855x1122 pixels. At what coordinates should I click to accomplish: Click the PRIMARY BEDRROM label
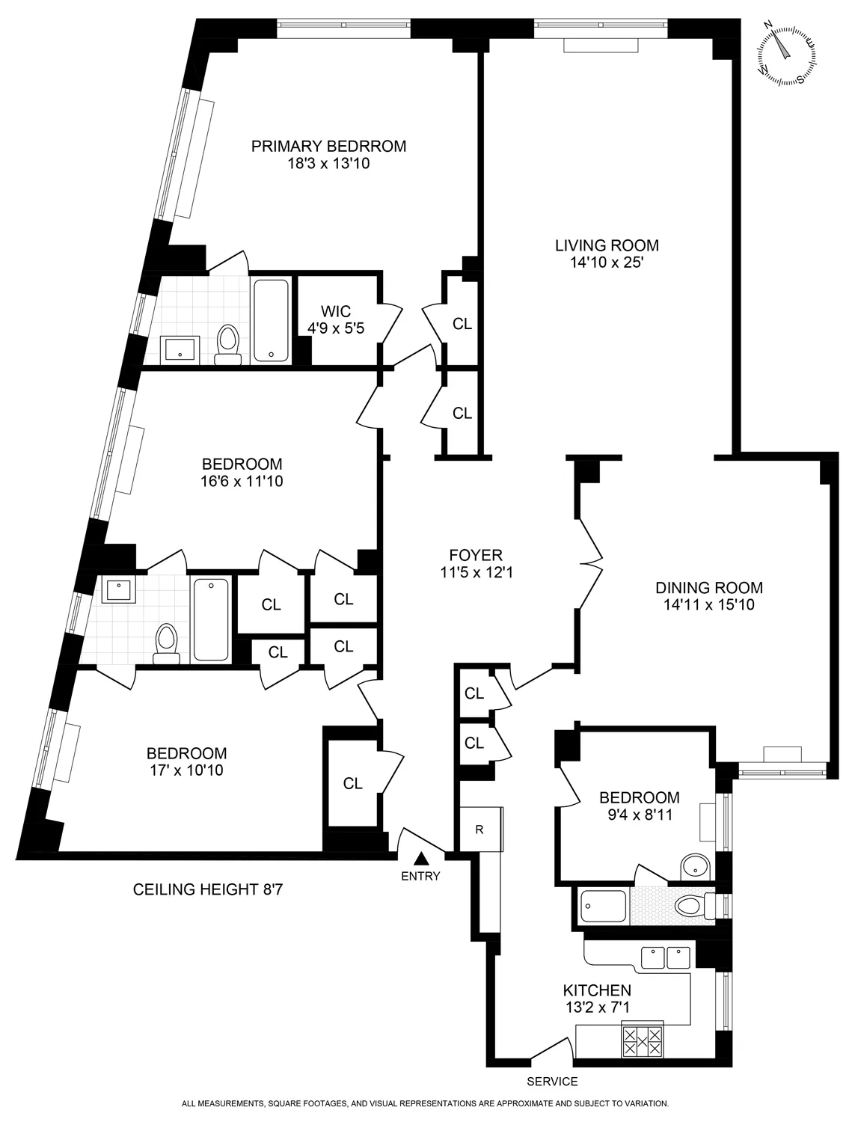pyautogui.click(x=328, y=146)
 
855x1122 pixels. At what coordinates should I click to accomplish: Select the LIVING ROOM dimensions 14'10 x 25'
pyautogui.click(x=607, y=263)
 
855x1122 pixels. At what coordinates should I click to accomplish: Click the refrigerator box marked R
pyautogui.click(x=479, y=829)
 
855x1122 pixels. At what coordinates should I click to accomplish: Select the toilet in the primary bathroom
pyautogui.click(x=227, y=346)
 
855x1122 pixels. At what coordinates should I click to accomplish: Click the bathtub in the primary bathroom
pyautogui.click(x=271, y=320)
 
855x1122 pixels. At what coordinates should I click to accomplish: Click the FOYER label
pyautogui.click(x=476, y=555)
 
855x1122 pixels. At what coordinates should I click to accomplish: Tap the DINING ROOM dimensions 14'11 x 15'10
pyautogui.click(x=708, y=604)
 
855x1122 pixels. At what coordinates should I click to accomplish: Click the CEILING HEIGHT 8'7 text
pyautogui.click(x=208, y=890)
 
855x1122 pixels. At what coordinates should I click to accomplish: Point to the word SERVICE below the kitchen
pyautogui.click(x=552, y=1081)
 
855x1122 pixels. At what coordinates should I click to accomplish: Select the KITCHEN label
pyautogui.click(x=597, y=990)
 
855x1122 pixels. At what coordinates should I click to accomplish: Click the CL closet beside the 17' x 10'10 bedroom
pyautogui.click(x=353, y=783)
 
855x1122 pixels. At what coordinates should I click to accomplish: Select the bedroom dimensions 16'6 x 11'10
pyautogui.click(x=242, y=482)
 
